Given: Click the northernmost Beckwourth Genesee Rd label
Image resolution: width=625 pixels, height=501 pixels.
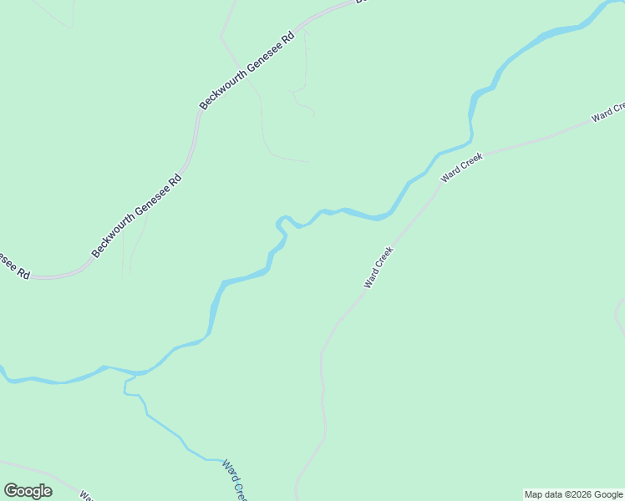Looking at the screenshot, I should tap(247, 73).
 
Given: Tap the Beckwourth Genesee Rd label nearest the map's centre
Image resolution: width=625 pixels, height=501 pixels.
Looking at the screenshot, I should tap(136, 215).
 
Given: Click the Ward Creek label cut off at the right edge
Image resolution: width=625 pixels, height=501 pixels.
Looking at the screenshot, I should tap(608, 112).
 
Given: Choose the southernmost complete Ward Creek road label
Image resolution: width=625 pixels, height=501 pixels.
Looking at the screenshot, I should tap(379, 267).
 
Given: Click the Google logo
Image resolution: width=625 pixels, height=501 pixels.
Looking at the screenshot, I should tap(28, 490).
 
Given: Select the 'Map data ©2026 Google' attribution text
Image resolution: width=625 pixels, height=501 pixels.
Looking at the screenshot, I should tap(573, 494).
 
